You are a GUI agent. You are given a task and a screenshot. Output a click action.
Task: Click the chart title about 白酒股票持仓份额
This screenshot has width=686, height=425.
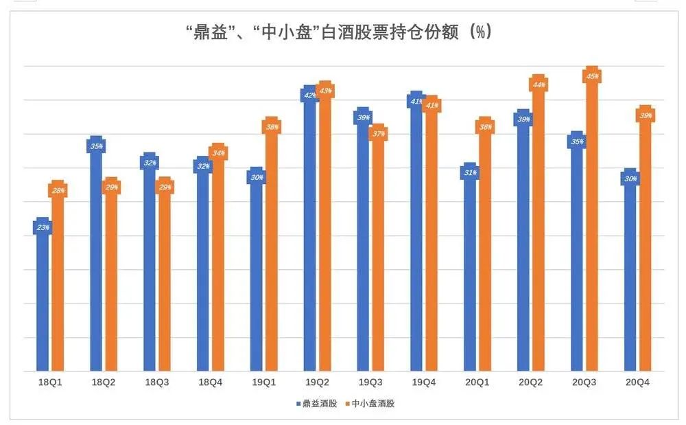tap(339, 32)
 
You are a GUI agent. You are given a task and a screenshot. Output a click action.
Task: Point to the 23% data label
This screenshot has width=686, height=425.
tap(43, 227)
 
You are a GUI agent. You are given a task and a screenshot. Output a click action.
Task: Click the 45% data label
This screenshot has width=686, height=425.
tap(592, 77)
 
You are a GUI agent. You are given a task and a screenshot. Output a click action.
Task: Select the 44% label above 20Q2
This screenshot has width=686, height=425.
tap(539, 84)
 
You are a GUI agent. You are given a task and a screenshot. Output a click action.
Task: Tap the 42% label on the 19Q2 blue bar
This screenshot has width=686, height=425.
tap(309, 95)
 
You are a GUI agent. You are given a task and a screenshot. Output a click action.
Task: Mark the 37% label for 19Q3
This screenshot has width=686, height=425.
tap(379, 133)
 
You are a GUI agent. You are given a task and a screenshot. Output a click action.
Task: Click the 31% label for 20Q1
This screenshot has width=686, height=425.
tap(470, 173)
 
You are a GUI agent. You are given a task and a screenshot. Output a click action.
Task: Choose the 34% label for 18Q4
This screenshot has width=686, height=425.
tap(218, 152)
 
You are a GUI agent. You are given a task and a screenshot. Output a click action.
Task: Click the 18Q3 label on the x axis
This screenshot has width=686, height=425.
tap(156, 382)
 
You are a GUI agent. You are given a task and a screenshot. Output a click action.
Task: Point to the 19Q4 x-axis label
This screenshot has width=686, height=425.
tap(423, 382)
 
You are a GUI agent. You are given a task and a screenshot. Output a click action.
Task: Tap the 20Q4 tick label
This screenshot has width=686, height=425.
tap(637, 382)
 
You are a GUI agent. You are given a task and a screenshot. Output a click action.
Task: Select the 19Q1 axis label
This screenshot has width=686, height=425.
tap(264, 382)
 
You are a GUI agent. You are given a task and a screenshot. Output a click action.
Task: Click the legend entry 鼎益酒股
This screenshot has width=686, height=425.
tap(317, 404)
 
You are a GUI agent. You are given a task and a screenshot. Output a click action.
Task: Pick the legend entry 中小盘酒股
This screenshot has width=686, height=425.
tap(370, 404)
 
